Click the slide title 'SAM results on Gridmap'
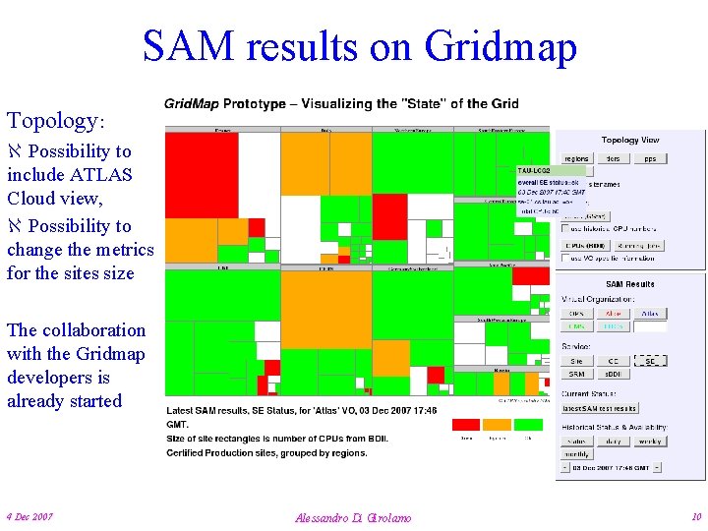359,46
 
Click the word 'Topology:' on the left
55,121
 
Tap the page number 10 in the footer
696,516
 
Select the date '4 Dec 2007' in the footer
29,516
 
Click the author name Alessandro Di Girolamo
353,517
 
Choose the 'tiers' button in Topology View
613,158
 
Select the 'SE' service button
649,361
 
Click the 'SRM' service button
576,375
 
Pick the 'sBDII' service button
613,375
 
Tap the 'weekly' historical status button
649,442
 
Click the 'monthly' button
576,455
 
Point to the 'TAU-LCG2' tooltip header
536,171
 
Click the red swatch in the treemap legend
466,425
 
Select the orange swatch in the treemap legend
497,425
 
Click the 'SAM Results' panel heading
629,284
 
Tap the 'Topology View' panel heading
630,141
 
